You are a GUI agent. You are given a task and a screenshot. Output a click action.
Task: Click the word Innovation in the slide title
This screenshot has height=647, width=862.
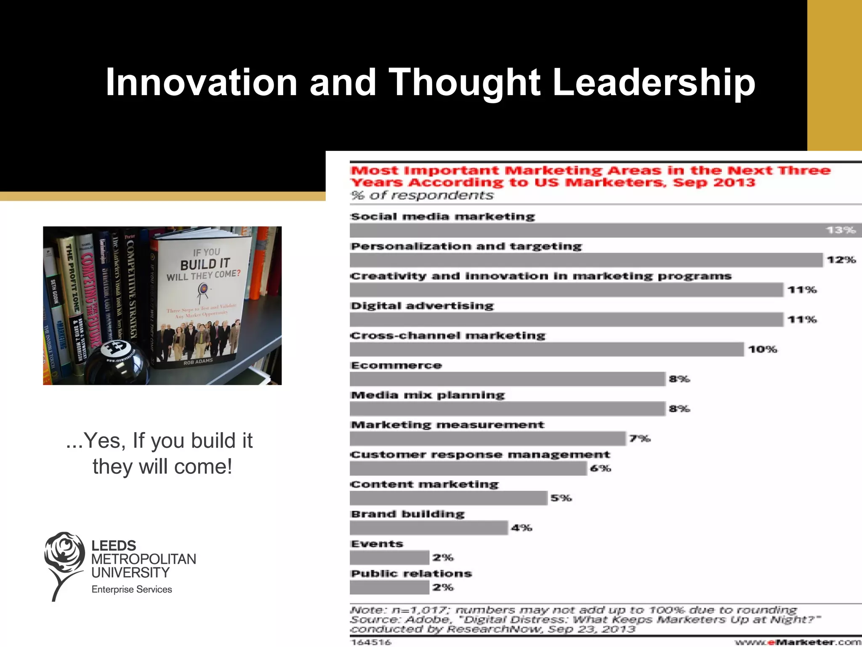click(x=202, y=83)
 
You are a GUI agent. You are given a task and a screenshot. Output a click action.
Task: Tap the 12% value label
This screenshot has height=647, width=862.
click(x=841, y=260)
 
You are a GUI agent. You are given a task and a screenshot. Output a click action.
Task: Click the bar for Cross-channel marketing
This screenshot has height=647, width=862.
click(x=546, y=349)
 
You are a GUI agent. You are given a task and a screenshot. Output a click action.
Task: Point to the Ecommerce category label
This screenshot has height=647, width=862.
click(x=396, y=365)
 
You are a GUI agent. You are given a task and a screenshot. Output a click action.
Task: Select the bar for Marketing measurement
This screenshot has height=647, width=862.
click(x=487, y=438)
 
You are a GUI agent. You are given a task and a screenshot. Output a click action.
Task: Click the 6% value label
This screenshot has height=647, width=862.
click(x=600, y=468)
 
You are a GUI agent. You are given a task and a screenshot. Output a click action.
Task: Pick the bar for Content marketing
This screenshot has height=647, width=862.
click(x=448, y=498)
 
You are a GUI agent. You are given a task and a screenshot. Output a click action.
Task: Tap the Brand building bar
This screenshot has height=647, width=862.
click(x=428, y=528)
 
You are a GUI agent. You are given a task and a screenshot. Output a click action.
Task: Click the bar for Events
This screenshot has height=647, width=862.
click(x=389, y=558)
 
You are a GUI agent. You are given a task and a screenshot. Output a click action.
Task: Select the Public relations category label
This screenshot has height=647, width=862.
click(x=411, y=574)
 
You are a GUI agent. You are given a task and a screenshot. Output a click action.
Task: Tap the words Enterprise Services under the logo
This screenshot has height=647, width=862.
click(x=132, y=589)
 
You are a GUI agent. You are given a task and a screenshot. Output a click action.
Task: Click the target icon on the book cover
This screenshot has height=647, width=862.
click(x=203, y=289)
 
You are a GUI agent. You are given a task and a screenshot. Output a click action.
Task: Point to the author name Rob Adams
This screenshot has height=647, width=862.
click(x=198, y=361)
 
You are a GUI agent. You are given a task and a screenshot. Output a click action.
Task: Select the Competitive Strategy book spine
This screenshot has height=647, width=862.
click(x=132, y=291)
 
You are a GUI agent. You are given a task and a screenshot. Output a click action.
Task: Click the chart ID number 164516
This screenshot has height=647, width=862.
click(x=371, y=642)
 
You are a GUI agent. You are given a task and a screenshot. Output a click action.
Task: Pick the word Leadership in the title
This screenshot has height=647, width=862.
click(x=653, y=83)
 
